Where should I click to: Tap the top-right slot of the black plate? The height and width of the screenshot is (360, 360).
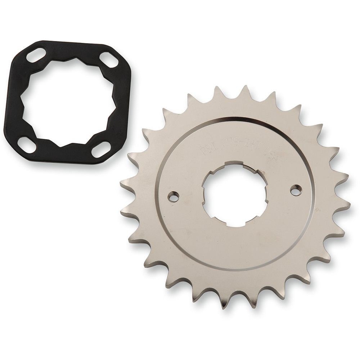109,60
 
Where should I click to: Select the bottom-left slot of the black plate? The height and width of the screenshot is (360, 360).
27,144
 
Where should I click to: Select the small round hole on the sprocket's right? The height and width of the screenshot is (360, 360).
296,190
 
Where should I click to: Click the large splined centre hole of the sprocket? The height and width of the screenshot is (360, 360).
234,194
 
